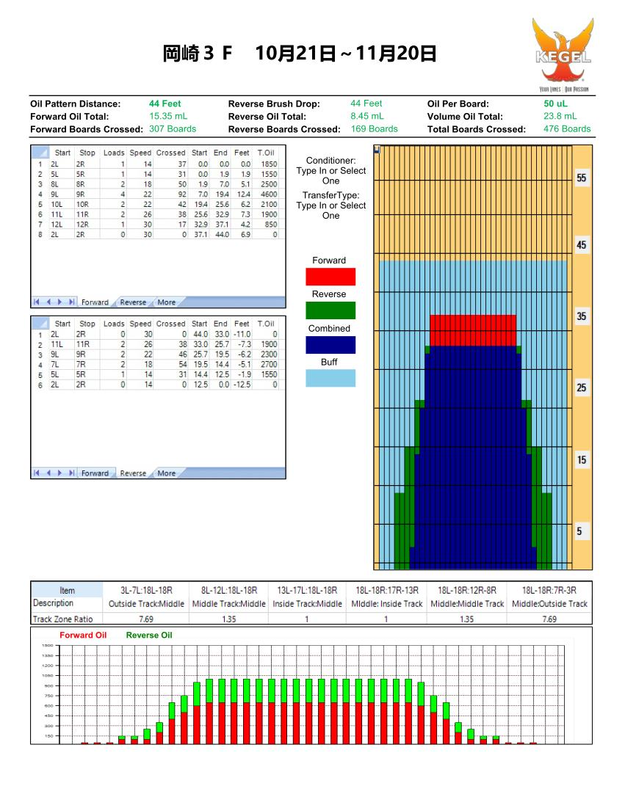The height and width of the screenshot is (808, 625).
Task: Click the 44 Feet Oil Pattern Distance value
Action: [x=165, y=104]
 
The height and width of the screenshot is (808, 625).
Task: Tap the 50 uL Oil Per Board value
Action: [x=555, y=104]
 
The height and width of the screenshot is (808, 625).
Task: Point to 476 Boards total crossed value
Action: [x=566, y=129]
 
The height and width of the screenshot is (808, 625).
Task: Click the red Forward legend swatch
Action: [x=330, y=277]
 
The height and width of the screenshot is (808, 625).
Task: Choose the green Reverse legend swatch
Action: [x=330, y=310]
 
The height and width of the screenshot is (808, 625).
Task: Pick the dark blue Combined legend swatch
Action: [x=330, y=345]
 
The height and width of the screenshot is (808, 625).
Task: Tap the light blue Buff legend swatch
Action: [x=330, y=378]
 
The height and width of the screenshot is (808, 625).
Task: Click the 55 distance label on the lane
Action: [x=582, y=178]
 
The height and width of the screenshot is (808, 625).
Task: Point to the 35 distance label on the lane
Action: [x=582, y=317]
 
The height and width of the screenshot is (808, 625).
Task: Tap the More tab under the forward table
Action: [x=166, y=302]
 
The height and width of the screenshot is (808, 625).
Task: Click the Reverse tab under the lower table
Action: [x=133, y=473]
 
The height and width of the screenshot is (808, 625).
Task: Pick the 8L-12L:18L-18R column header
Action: [x=228, y=590]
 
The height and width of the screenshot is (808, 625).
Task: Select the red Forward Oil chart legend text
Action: [x=83, y=636]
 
